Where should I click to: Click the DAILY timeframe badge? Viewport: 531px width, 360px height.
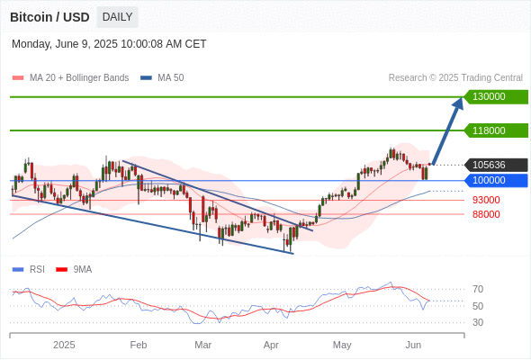117,17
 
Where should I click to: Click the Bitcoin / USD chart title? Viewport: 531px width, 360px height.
49,17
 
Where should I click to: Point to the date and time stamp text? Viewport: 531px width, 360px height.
109,44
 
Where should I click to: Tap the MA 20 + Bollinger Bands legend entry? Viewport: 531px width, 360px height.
70,78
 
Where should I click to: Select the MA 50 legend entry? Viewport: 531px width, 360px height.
162,78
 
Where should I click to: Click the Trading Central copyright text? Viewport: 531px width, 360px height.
455,78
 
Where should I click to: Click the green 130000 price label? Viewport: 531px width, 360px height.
496,97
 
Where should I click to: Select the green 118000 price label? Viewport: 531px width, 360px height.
496,130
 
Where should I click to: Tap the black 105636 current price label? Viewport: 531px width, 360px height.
496,165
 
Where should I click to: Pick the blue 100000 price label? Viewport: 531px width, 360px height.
496,181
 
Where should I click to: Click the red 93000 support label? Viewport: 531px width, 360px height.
486,200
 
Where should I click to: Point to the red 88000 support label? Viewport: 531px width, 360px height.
486,214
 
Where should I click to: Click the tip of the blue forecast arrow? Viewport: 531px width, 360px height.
462,97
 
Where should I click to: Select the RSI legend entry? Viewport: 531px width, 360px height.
28,270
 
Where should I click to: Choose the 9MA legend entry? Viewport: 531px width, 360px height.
74,270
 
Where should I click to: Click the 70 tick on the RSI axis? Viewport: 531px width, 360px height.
478,289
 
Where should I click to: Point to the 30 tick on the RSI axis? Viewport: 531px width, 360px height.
478,322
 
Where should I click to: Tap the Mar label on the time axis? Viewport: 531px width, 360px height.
202,345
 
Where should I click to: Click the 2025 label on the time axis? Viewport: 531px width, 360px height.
64,345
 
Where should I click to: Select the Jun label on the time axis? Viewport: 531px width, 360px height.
413,345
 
